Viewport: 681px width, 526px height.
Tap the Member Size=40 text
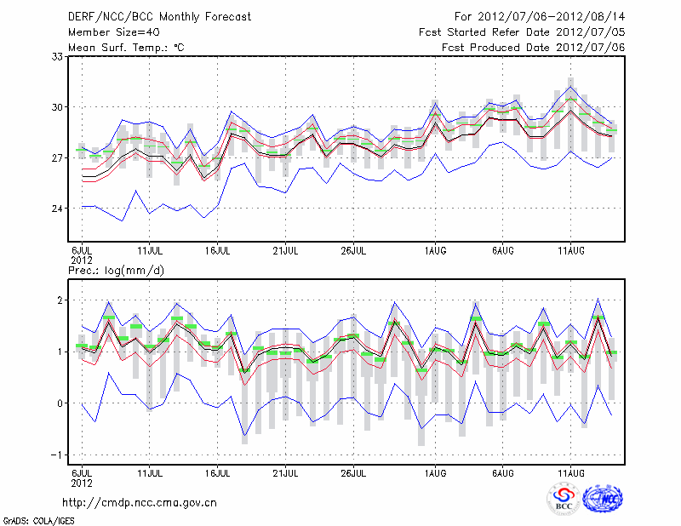[x=108, y=32]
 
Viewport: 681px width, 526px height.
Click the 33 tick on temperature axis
[x=59, y=56]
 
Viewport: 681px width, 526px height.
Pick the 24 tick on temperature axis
[x=59, y=209]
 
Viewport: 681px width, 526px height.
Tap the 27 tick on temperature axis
[x=59, y=158]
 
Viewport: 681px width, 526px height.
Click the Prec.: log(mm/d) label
[x=117, y=270]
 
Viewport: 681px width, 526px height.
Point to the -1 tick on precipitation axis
[x=58, y=455]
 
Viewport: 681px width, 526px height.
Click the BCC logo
[x=563, y=500]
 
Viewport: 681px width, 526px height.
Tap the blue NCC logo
[x=603, y=500]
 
